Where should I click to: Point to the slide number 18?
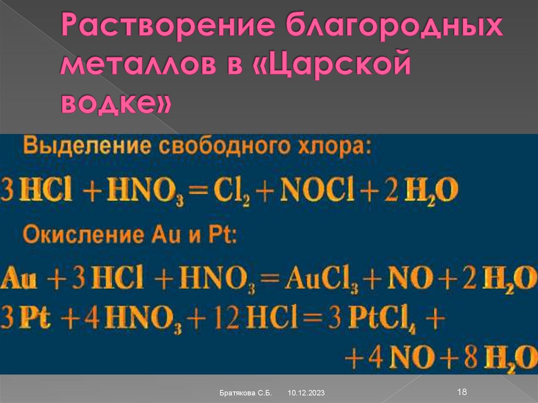click(463, 391)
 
